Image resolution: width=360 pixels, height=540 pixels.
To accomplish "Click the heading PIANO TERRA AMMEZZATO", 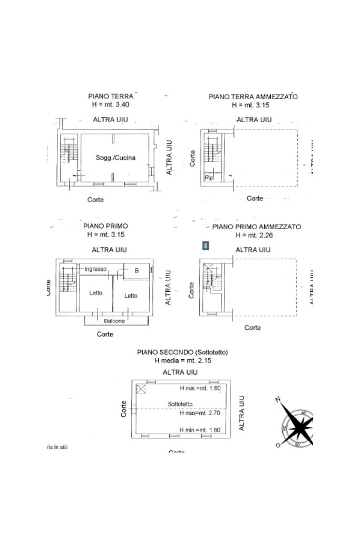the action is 253,97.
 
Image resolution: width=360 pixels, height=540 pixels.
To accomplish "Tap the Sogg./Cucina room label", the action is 115,158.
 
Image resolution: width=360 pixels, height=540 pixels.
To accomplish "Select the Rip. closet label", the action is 209,178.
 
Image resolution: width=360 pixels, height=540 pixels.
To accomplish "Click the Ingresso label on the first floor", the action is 95,269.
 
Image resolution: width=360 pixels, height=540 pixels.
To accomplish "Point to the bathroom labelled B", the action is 137,271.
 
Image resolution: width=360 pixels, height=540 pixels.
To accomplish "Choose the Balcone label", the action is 114,321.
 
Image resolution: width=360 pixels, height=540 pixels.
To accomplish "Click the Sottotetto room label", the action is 180,404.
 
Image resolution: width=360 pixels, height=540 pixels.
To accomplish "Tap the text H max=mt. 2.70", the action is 200,413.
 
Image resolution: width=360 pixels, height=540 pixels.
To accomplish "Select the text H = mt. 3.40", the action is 111,105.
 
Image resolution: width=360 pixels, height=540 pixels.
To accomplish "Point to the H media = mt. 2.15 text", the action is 182,360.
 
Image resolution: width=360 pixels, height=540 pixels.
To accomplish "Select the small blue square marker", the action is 206,246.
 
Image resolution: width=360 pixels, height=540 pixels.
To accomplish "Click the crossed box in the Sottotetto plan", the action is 141,389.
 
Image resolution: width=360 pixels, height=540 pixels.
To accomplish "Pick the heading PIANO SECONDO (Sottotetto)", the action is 182,352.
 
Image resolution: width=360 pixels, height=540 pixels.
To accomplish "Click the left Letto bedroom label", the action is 95,293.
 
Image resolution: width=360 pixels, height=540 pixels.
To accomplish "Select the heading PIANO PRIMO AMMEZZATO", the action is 257,227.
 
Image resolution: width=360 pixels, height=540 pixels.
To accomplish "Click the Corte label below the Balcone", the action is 105,334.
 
